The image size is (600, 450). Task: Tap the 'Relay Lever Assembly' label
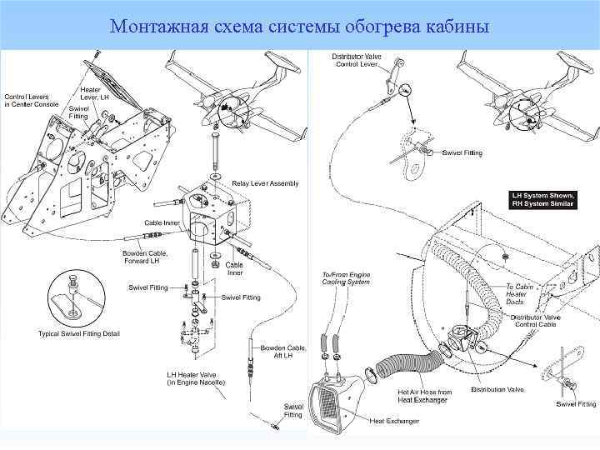265,183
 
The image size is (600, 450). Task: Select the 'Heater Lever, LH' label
94,93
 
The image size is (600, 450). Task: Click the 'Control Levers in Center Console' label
31,99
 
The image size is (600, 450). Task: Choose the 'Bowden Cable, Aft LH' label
277,352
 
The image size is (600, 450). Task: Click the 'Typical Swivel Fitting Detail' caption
79,334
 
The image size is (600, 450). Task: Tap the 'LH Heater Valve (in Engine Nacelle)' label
191,378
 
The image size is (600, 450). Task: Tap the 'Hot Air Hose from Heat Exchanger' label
424,395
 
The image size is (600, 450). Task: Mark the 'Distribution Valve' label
497,389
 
